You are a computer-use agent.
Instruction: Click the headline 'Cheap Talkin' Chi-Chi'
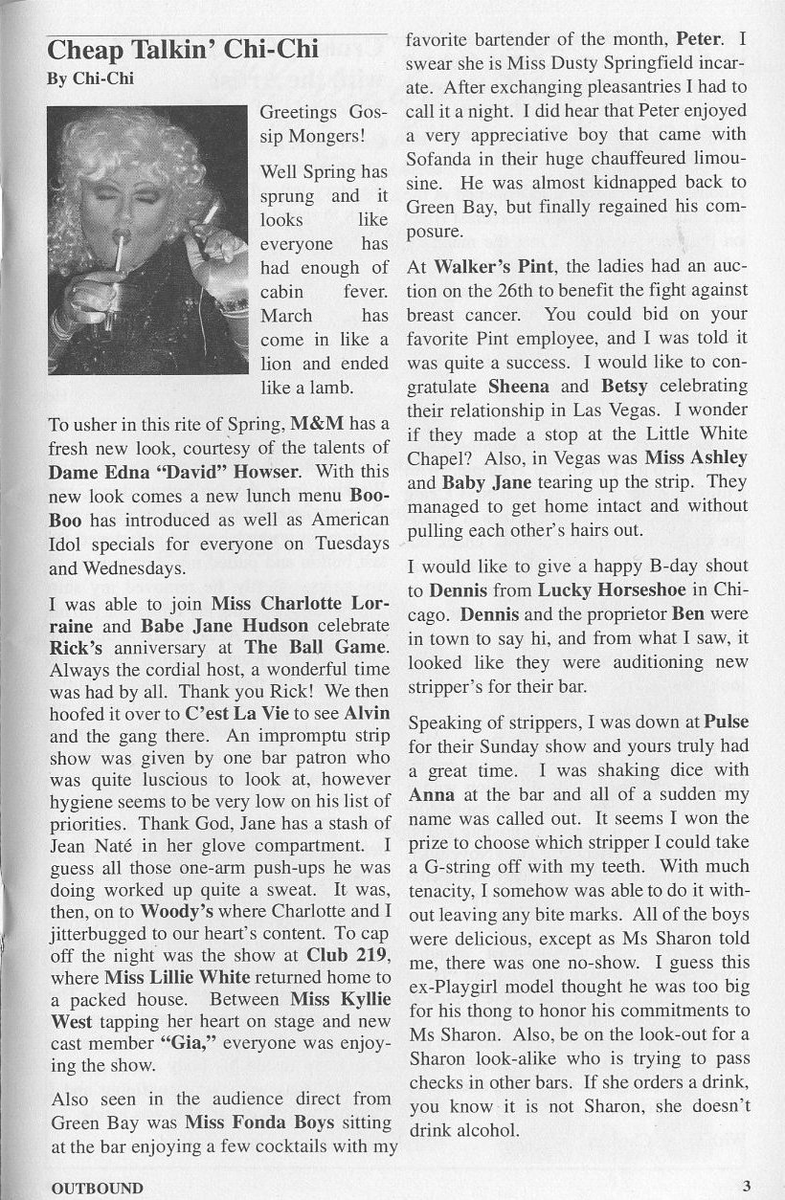[169, 50]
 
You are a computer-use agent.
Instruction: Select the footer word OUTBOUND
[97, 1189]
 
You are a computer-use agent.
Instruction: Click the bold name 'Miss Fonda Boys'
[259, 1122]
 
